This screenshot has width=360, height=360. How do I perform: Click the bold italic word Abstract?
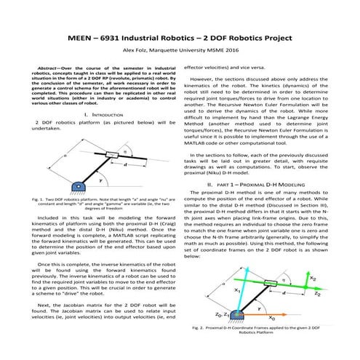(52, 67)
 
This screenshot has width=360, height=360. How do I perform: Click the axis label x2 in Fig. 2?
(312, 278)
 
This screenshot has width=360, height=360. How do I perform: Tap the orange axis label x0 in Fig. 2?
(271, 318)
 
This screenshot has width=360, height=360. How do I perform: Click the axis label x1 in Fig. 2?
(236, 289)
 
